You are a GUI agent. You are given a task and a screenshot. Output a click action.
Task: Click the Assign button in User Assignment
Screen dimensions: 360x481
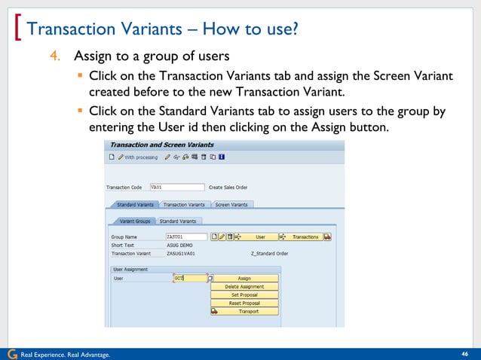[244, 278]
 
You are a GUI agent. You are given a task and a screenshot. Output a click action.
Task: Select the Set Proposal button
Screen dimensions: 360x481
[244, 294]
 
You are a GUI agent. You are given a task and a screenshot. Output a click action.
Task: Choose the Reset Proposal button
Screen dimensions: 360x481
[244, 303]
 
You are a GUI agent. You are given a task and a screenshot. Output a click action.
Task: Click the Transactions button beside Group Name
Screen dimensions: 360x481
[305, 236]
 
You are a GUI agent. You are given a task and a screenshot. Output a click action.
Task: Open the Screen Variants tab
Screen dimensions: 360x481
[231, 204]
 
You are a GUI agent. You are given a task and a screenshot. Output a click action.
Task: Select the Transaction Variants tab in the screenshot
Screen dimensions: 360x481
[184, 204]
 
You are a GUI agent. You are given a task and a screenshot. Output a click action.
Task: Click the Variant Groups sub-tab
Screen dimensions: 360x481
[134, 221]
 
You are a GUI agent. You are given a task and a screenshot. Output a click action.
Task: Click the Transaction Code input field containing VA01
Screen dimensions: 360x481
[176, 187]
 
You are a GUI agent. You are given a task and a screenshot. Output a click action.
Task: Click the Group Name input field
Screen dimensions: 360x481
[185, 236]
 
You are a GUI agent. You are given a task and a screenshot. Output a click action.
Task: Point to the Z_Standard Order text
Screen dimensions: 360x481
[270, 254]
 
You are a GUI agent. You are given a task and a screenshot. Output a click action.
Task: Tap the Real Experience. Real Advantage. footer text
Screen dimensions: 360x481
[65, 354]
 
